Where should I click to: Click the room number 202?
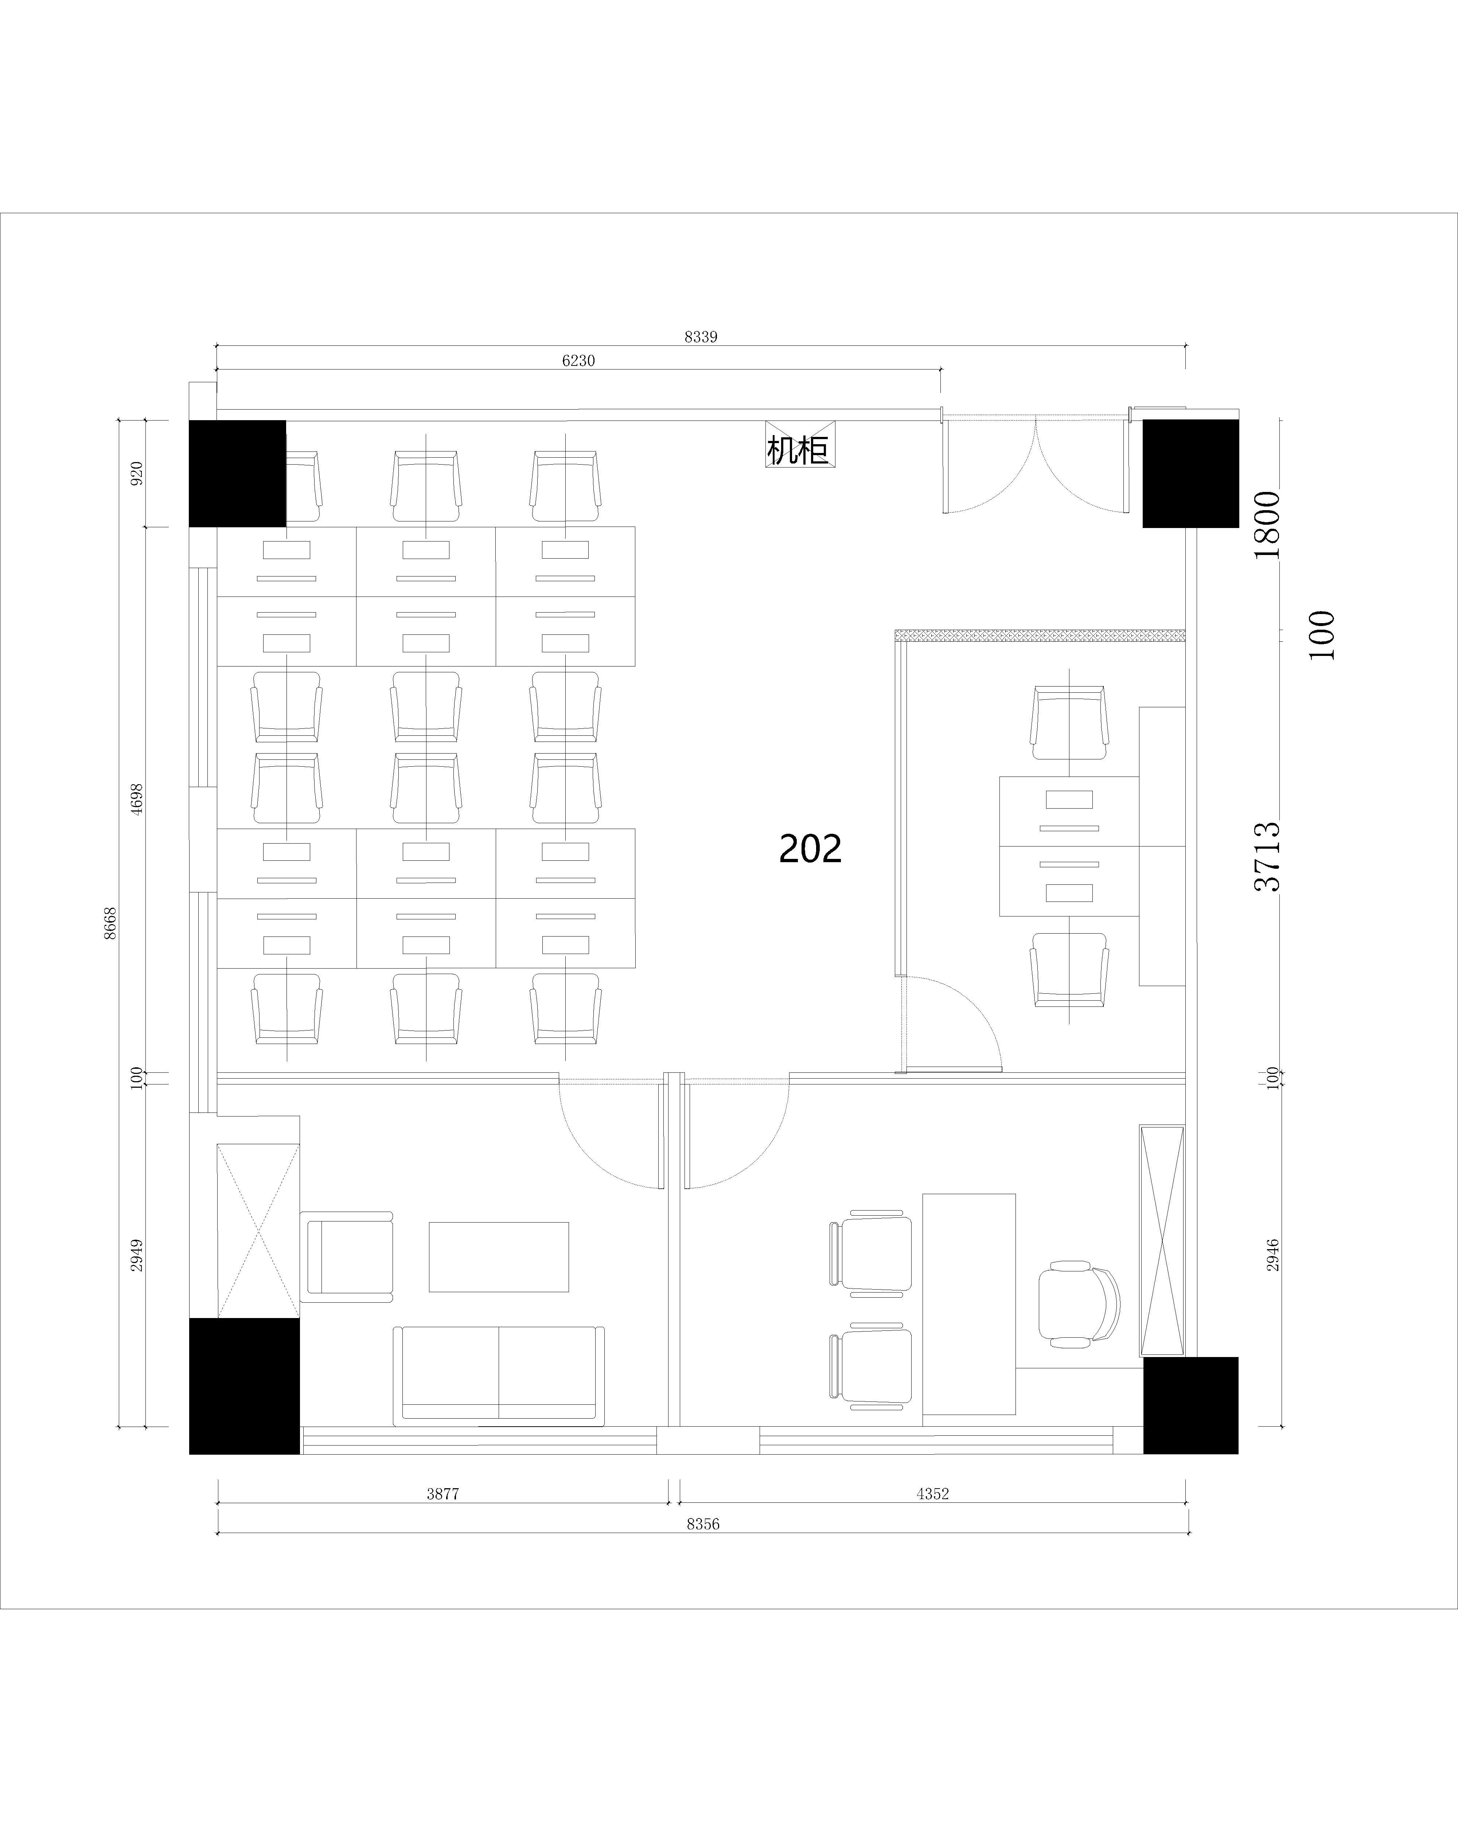tap(810, 848)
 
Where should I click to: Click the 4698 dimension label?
tap(137, 799)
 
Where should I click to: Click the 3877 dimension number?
tap(443, 1493)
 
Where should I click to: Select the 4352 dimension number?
tap(932, 1493)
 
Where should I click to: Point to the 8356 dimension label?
tap(703, 1524)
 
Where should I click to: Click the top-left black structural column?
tap(238, 473)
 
